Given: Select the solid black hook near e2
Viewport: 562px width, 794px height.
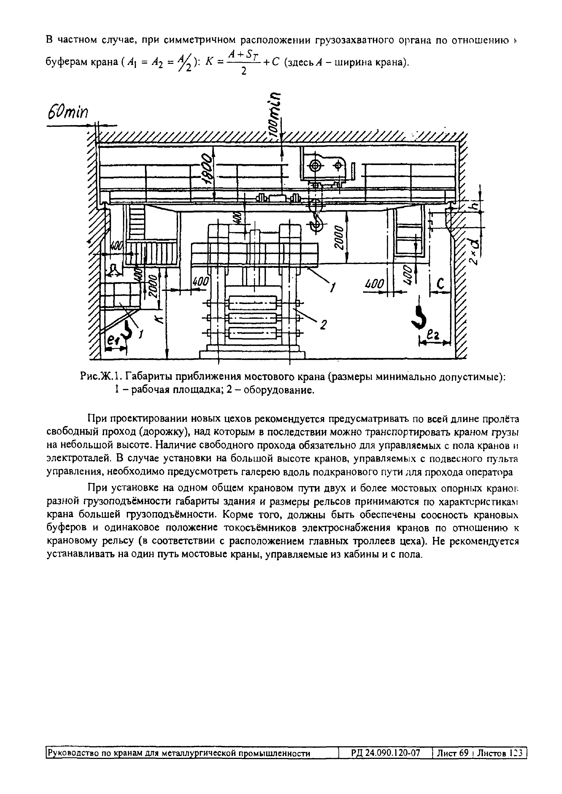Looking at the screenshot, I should pyautogui.click(x=420, y=317).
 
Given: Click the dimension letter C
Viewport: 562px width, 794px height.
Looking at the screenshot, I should pyautogui.click(x=440, y=284).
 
